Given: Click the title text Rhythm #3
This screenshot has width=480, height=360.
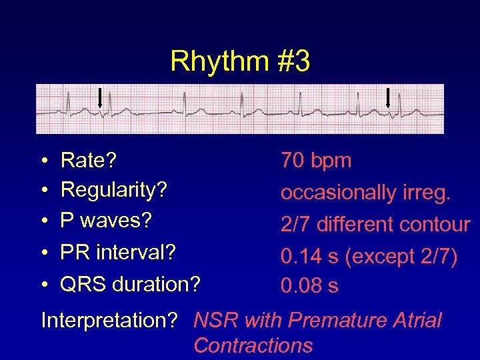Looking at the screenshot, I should coord(240,61).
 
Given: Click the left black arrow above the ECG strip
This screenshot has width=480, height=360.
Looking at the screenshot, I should coord(100,97).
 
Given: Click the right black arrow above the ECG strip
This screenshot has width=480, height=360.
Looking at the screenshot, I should coord(388,97).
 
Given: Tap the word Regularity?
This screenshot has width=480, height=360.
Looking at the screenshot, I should coord(113,190).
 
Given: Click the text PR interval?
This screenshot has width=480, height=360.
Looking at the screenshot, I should coord(118,253).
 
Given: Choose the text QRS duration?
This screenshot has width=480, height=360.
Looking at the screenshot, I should coord(130,285).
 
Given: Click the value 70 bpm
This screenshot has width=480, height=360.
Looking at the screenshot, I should coord(316,161).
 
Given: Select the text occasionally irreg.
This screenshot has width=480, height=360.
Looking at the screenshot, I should coord(366,193).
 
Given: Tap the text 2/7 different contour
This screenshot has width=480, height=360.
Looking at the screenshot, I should coord(375,225).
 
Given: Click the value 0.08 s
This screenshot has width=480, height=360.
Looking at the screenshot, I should coord(309,286).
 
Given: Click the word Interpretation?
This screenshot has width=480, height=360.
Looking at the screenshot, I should coord(109,321).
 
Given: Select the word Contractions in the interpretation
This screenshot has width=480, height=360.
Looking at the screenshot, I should coord(253,345).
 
